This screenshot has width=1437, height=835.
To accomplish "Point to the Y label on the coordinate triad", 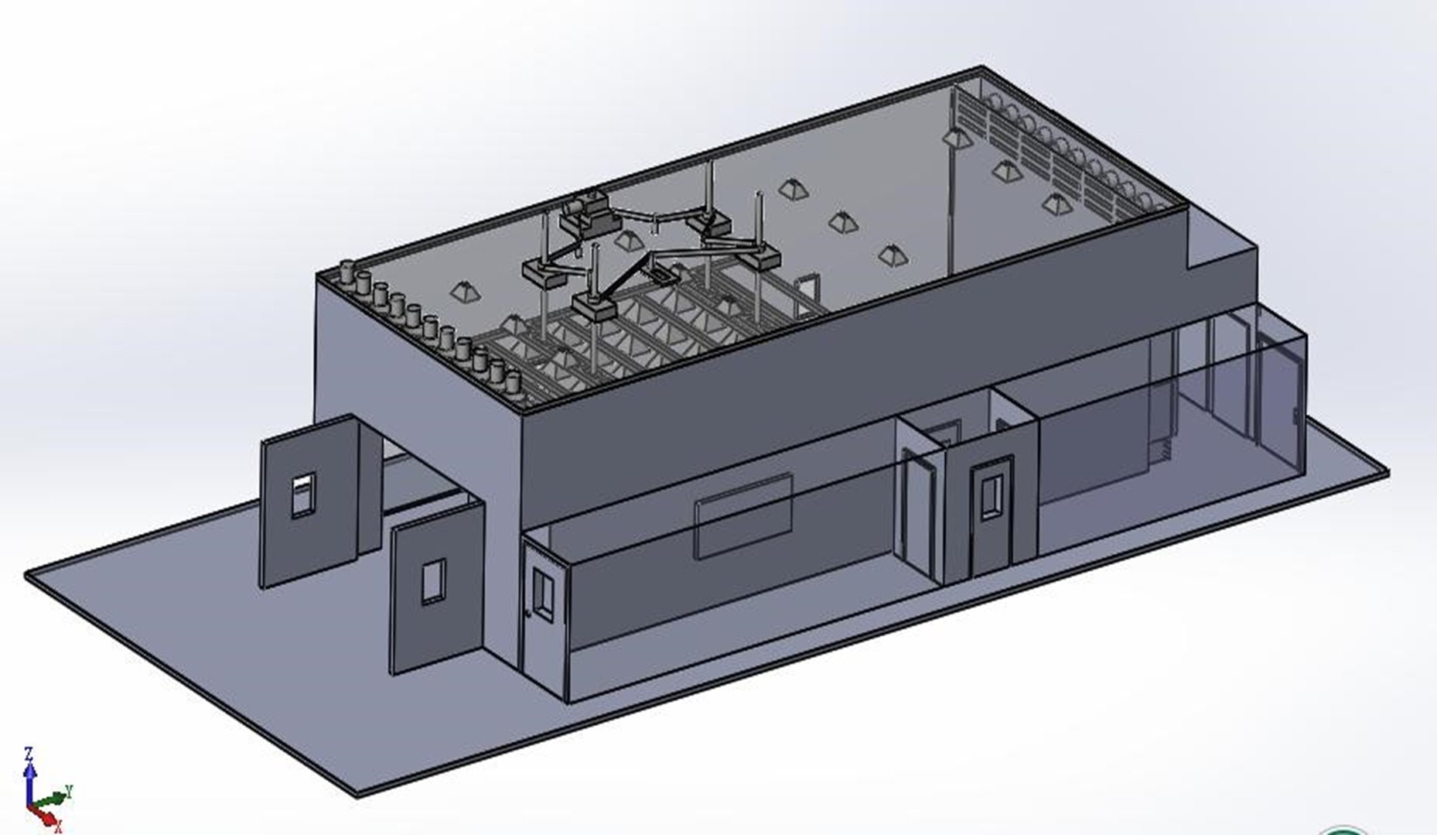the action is tap(69, 791).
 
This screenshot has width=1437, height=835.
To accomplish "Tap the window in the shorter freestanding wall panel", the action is tap(433, 582).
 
